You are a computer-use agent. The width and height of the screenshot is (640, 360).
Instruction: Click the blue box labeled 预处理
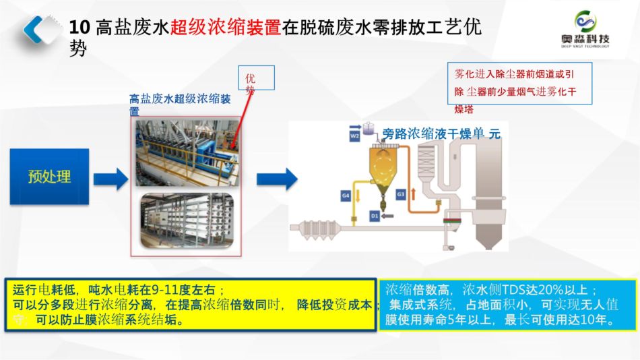coord(49,177)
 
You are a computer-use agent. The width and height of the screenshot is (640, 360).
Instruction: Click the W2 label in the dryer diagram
coord(354,136)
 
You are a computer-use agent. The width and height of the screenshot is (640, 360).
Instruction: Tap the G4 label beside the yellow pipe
coord(346,196)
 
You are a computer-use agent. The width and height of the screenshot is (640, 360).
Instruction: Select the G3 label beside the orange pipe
coord(400,194)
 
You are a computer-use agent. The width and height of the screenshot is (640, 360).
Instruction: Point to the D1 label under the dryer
coord(375,216)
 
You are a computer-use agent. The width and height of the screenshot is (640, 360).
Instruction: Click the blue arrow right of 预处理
coord(110,179)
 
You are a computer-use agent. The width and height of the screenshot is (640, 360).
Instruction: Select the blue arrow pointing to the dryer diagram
coord(276,179)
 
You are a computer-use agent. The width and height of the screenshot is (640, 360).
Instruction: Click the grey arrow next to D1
coord(389,216)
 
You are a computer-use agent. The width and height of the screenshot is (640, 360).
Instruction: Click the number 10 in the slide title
coord(79,28)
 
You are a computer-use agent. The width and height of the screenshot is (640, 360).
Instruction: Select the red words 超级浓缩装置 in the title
coord(226,28)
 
